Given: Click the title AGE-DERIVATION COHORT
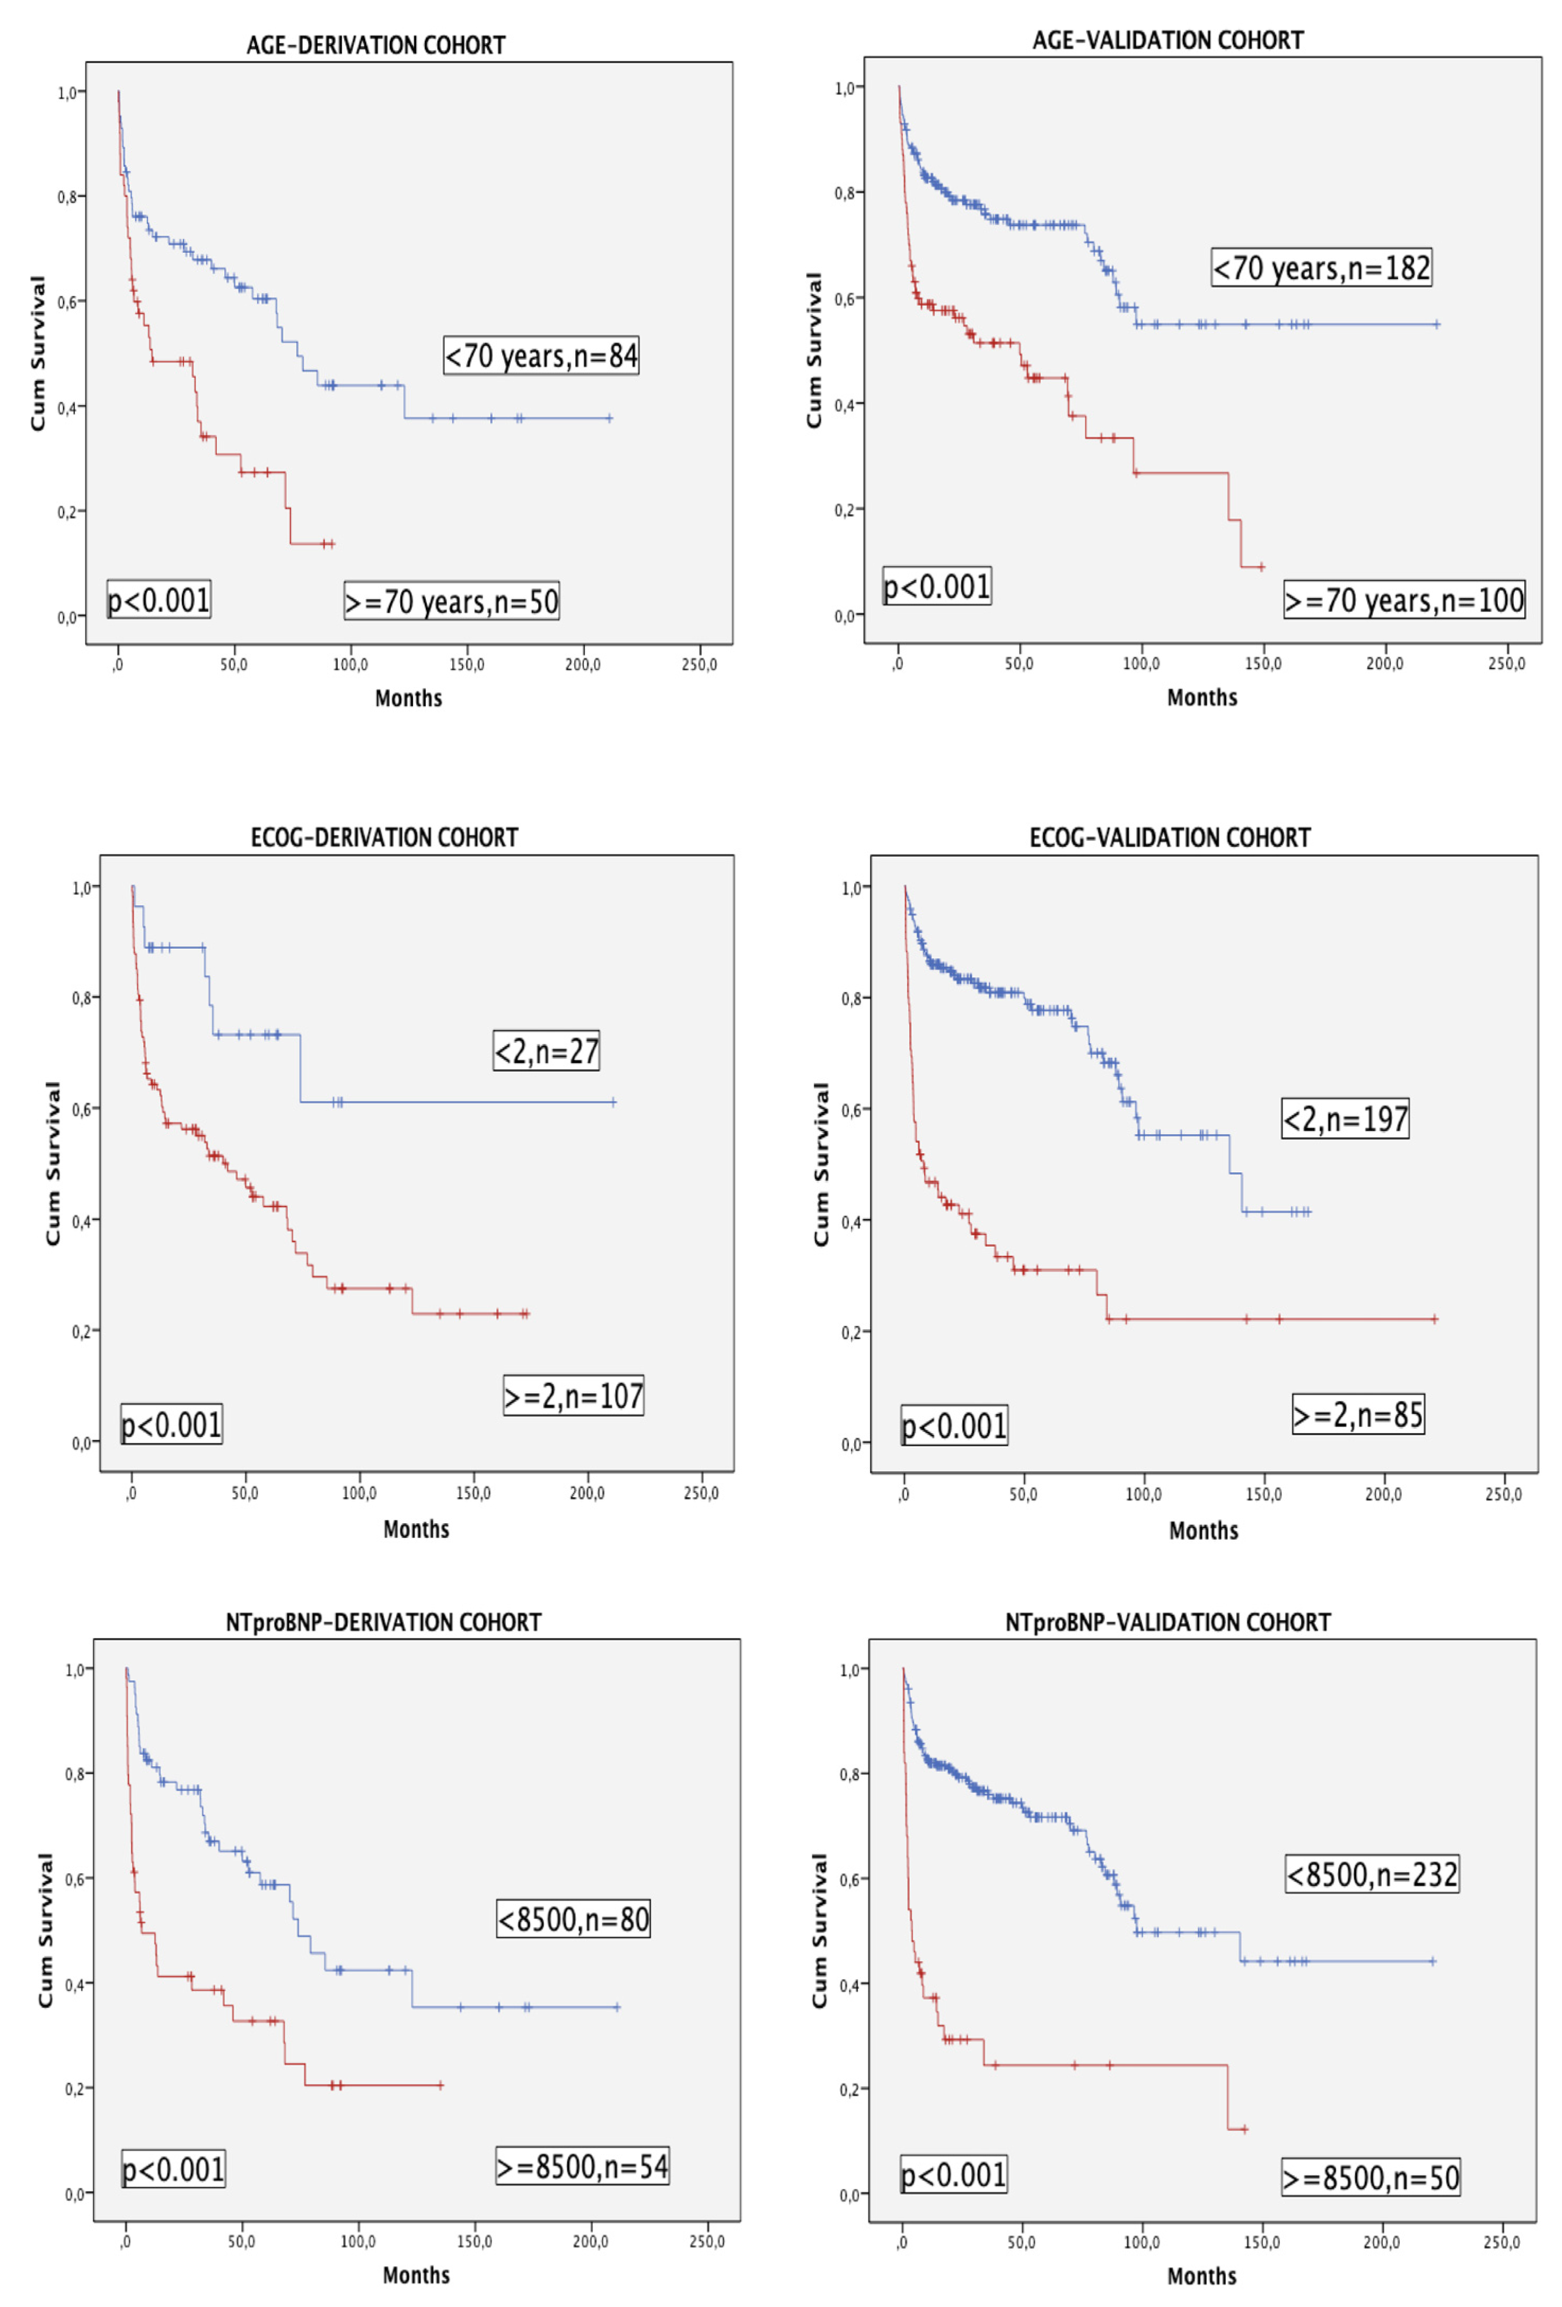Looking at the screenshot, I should [x=375, y=46].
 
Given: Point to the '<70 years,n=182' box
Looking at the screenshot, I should [x=1321, y=268].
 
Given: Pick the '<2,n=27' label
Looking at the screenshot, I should [x=546, y=1050].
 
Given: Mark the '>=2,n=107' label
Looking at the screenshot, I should [x=573, y=1396].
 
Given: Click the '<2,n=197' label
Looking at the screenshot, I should [x=1345, y=1119].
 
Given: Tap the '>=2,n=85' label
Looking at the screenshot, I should [x=1357, y=1413].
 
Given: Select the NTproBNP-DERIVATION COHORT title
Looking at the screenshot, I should [x=383, y=1622].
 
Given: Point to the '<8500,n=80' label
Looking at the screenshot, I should [x=573, y=1919].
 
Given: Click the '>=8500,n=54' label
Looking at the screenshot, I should [x=582, y=2166].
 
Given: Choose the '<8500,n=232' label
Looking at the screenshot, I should [x=1371, y=1874].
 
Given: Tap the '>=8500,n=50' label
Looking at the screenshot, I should [x=1371, y=2178].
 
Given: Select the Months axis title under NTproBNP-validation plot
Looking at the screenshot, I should [x=1201, y=2275].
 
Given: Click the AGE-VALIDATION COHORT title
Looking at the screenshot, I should [x=1168, y=41].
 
